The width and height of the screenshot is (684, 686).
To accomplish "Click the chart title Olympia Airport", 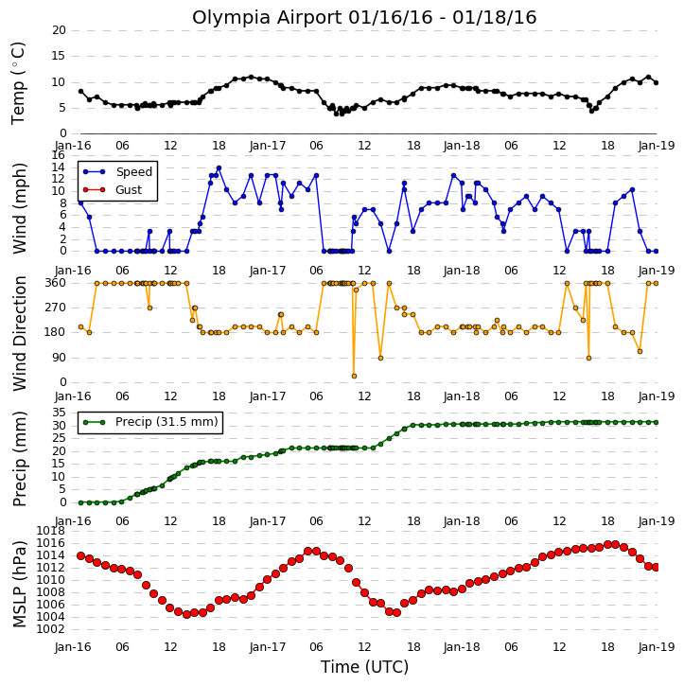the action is (267, 18).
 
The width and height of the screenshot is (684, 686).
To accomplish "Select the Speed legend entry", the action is (117, 172).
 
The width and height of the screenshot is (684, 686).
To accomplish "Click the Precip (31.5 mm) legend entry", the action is (150, 422).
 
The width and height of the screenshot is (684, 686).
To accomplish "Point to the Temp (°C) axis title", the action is (18, 83).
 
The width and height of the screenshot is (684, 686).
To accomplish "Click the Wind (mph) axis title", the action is (20, 208).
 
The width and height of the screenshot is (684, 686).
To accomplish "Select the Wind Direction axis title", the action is (20, 333).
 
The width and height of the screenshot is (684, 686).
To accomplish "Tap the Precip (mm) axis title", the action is (20, 459).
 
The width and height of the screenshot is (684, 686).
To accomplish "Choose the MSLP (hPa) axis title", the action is (20, 584).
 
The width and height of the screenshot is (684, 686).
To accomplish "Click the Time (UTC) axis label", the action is (364, 667).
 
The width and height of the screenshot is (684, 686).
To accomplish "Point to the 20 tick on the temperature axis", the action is (59, 30).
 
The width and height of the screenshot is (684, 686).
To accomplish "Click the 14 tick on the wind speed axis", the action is (59, 167).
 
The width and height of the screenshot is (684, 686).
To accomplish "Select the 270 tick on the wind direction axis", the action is (56, 308).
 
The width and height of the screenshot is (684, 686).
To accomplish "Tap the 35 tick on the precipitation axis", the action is (59, 413).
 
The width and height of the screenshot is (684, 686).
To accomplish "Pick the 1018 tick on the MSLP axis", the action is (51, 531).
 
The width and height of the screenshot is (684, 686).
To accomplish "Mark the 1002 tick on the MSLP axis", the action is (51, 629).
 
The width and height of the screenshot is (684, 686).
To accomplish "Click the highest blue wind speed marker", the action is (219, 168).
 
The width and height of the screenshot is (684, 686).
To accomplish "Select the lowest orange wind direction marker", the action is (354, 376).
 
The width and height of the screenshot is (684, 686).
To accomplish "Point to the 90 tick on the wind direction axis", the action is (59, 358).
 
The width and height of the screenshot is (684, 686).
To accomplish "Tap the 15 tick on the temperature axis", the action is (59, 56).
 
